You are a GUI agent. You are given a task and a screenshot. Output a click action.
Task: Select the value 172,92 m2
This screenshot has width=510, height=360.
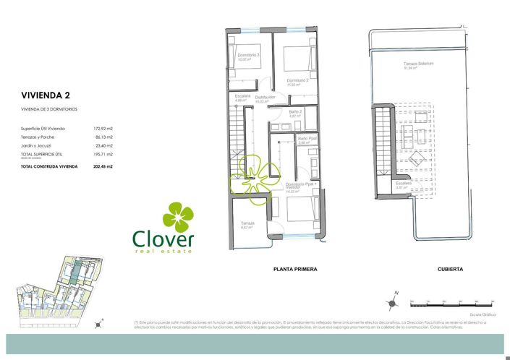coord(103,128)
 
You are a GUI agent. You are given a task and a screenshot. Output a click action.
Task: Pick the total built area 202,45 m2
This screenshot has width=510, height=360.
coord(103,166)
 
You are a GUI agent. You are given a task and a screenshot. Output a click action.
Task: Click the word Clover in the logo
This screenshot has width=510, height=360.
coord(163,239)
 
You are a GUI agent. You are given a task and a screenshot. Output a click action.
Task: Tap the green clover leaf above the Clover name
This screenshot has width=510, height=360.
coord(177,216)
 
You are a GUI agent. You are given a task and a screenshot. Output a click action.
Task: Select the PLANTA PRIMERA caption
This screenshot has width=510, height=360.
coord(295,269)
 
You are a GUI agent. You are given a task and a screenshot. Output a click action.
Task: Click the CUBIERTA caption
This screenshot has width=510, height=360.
coord(450,269)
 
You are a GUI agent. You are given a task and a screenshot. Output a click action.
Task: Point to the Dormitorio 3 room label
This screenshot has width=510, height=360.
coord(248,56)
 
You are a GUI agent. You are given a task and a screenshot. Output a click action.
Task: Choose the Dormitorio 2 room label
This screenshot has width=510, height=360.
coord(297,80)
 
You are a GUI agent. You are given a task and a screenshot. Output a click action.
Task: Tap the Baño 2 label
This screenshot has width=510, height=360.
coord(295,112)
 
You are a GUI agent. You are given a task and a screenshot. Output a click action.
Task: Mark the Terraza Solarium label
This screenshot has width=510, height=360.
coord(418,64)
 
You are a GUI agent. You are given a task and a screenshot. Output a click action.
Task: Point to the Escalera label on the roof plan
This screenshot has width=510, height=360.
coord(403,184)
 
